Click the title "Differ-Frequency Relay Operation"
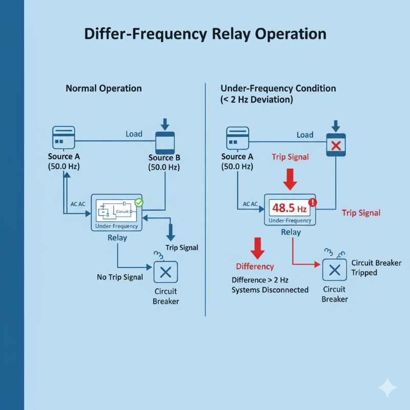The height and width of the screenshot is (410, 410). pyautogui.click(x=204, y=34)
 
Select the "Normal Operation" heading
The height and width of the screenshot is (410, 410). pyautogui.click(x=104, y=88)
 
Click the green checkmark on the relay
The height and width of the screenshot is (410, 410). pyautogui.click(x=139, y=202)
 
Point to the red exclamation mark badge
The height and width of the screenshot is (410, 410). pyautogui.click(x=314, y=202)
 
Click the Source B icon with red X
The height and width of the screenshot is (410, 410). pyautogui.click(x=336, y=145)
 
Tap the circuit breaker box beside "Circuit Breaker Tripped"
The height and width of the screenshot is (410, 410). pyautogui.click(x=334, y=270)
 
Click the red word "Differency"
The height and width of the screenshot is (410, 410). pyautogui.click(x=255, y=266)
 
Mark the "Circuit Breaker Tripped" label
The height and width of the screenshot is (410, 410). pyautogui.click(x=372, y=268)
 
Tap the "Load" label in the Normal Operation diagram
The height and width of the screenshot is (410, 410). pyautogui.click(x=134, y=134)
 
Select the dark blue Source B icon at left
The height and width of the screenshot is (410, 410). pyautogui.click(x=165, y=141)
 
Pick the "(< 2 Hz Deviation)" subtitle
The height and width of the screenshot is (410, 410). pyautogui.click(x=257, y=100)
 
